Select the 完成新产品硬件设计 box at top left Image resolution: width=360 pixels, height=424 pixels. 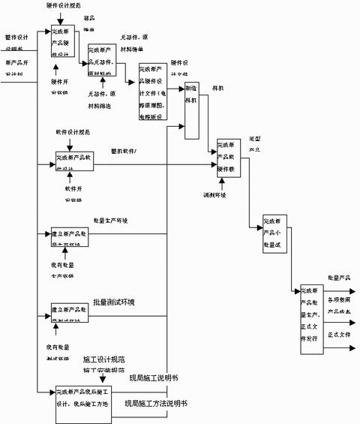tap(69, 42)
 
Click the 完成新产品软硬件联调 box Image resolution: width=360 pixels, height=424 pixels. tap(229, 157)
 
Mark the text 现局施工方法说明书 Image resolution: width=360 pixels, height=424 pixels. tap(156, 404)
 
